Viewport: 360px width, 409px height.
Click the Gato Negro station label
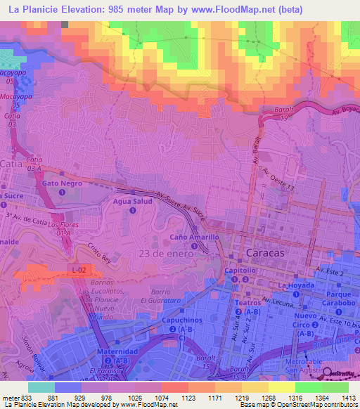63,183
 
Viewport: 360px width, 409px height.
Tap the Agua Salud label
132,201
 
